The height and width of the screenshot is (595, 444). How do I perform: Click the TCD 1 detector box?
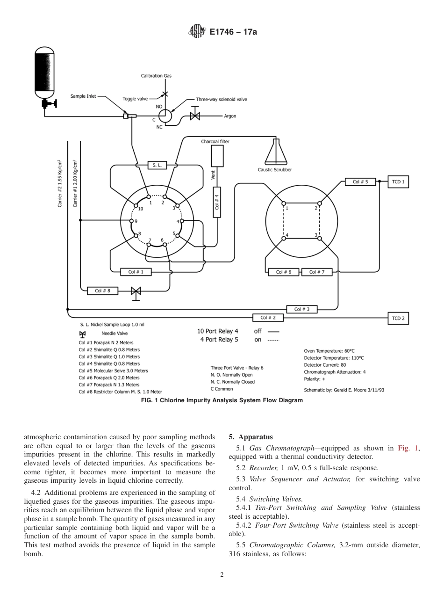coord(398,181)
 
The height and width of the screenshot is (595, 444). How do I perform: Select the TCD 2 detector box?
coord(398,318)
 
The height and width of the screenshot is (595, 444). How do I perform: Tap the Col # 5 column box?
coord(360,181)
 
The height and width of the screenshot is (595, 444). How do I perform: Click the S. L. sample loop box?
coord(157,165)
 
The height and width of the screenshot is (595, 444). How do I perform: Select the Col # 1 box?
coord(133,271)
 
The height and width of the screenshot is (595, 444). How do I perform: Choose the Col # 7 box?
coord(317,272)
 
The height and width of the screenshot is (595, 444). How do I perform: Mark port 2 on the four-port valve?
coord(320,203)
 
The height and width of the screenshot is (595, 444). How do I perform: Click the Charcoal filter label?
coord(215,141)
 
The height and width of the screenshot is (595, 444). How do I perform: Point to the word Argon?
coord(230,116)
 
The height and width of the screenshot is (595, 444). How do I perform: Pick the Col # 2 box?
coord(268,318)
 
